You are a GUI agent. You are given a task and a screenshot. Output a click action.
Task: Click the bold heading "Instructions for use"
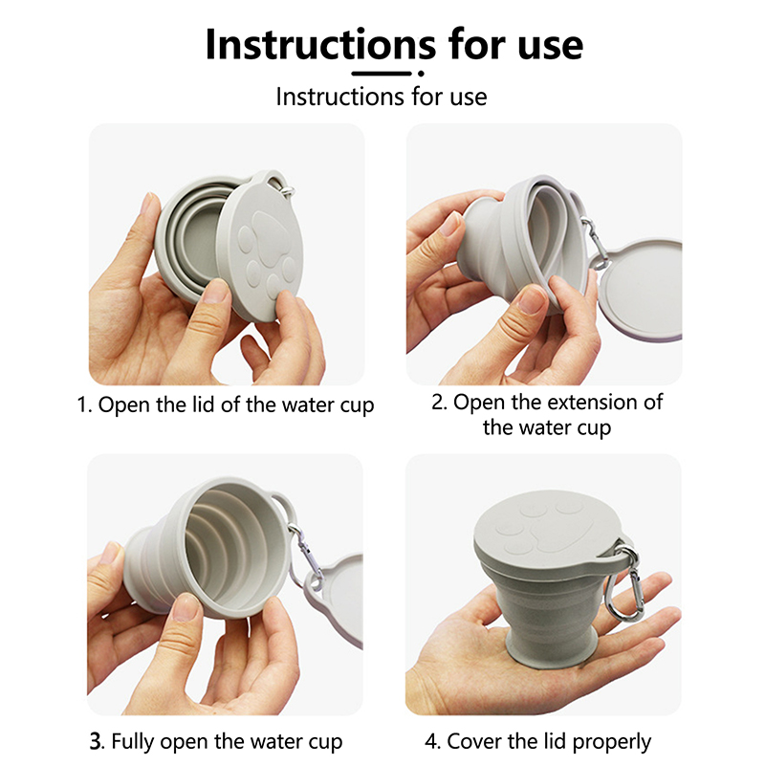tap(394, 44)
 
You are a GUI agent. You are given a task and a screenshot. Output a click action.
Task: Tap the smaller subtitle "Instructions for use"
tap(382, 97)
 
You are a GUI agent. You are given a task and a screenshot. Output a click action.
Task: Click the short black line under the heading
tap(382, 74)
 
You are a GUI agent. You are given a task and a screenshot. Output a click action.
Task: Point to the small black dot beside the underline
tap(421, 74)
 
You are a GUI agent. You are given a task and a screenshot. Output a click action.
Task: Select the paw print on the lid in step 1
tap(266, 252)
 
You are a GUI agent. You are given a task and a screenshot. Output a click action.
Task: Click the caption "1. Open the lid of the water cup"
tap(226, 404)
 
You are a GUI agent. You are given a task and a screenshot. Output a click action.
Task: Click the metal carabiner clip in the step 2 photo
tap(596, 244)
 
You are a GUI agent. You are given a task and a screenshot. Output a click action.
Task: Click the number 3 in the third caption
tap(96, 742)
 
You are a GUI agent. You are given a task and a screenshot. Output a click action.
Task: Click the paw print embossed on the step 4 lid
tap(541, 529)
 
